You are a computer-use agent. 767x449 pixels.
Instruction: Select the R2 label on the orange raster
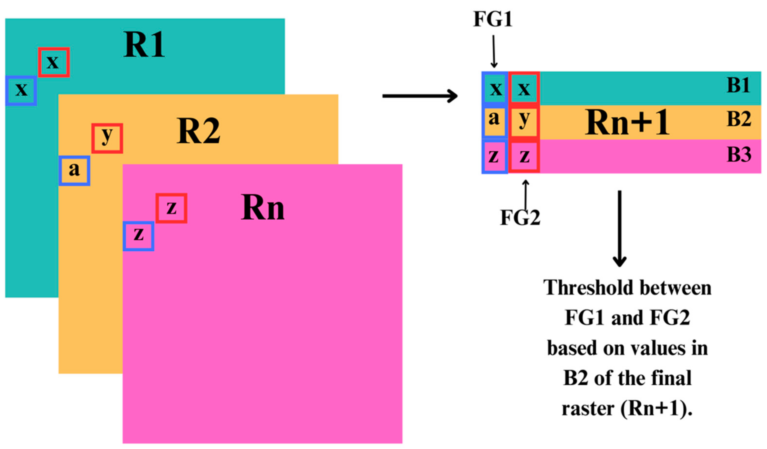pos(199,131)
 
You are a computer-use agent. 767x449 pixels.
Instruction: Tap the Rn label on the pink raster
pos(262,208)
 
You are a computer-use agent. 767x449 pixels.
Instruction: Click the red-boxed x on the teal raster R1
pos(54,62)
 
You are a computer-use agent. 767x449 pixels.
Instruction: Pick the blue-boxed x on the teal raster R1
pos(21,91)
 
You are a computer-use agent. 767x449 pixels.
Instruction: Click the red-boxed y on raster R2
pos(107,138)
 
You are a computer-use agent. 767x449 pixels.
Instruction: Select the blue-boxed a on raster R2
pos(74,171)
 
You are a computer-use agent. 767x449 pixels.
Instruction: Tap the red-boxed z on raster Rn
pos(171,208)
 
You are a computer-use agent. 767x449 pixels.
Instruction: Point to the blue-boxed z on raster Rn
pos(138,236)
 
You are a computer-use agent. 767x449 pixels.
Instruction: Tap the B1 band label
pos(738,86)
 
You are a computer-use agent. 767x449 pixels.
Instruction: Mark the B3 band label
pos(739,155)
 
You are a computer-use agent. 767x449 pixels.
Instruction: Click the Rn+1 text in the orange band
pos(627,123)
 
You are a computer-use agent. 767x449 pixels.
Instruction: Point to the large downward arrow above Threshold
pos(619,228)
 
